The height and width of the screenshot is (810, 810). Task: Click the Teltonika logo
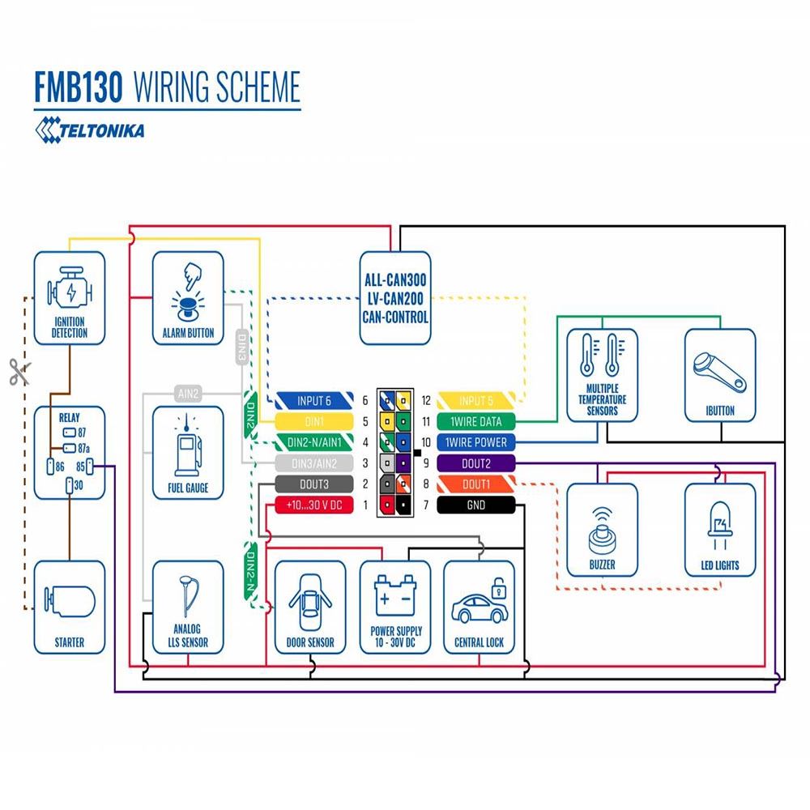point(89,129)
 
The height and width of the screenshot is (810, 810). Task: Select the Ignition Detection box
point(69,297)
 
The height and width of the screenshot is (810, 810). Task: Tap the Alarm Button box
point(188,297)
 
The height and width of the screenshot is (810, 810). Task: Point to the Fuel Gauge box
point(188,452)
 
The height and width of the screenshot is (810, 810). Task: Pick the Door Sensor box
point(309,607)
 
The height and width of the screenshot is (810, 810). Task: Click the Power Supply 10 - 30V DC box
point(395,607)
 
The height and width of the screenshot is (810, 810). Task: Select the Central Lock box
point(479,607)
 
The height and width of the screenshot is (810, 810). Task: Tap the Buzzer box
point(602,530)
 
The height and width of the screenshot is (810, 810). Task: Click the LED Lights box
point(719,530)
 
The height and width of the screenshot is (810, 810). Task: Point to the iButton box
point(719,375)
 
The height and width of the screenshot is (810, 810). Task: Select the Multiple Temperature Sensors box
point(602,375)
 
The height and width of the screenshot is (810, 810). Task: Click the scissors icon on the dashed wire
point(18,372)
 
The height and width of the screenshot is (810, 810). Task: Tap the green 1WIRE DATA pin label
point(475,421)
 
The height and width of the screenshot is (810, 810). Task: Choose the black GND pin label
point(475,505)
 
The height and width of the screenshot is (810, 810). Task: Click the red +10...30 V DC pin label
point(314,505)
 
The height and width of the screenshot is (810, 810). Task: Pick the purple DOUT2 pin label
point(475,463)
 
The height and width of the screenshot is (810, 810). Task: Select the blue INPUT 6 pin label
point(314,400)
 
